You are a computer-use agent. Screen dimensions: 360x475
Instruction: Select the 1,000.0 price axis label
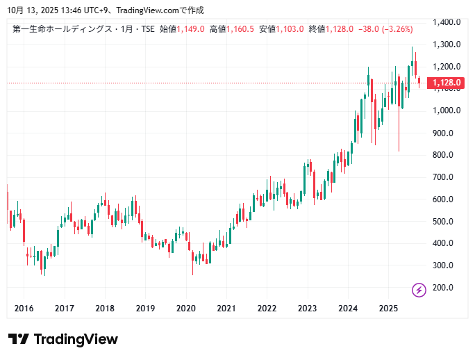click(447, 111)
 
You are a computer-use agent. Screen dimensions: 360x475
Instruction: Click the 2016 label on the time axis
click(24, 309)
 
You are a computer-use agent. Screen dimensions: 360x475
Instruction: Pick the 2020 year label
click(185, 309)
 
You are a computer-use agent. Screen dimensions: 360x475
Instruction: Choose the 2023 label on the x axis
click(307, 309)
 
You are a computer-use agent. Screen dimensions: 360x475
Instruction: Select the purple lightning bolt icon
click(419, 290)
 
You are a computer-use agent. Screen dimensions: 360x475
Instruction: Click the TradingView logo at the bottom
click(62, 339)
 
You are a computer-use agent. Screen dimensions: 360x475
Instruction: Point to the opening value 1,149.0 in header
click(190, 29)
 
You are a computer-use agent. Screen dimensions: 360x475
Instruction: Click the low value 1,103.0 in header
click(290, 29)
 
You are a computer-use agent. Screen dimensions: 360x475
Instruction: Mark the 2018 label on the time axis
click(105, 309)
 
